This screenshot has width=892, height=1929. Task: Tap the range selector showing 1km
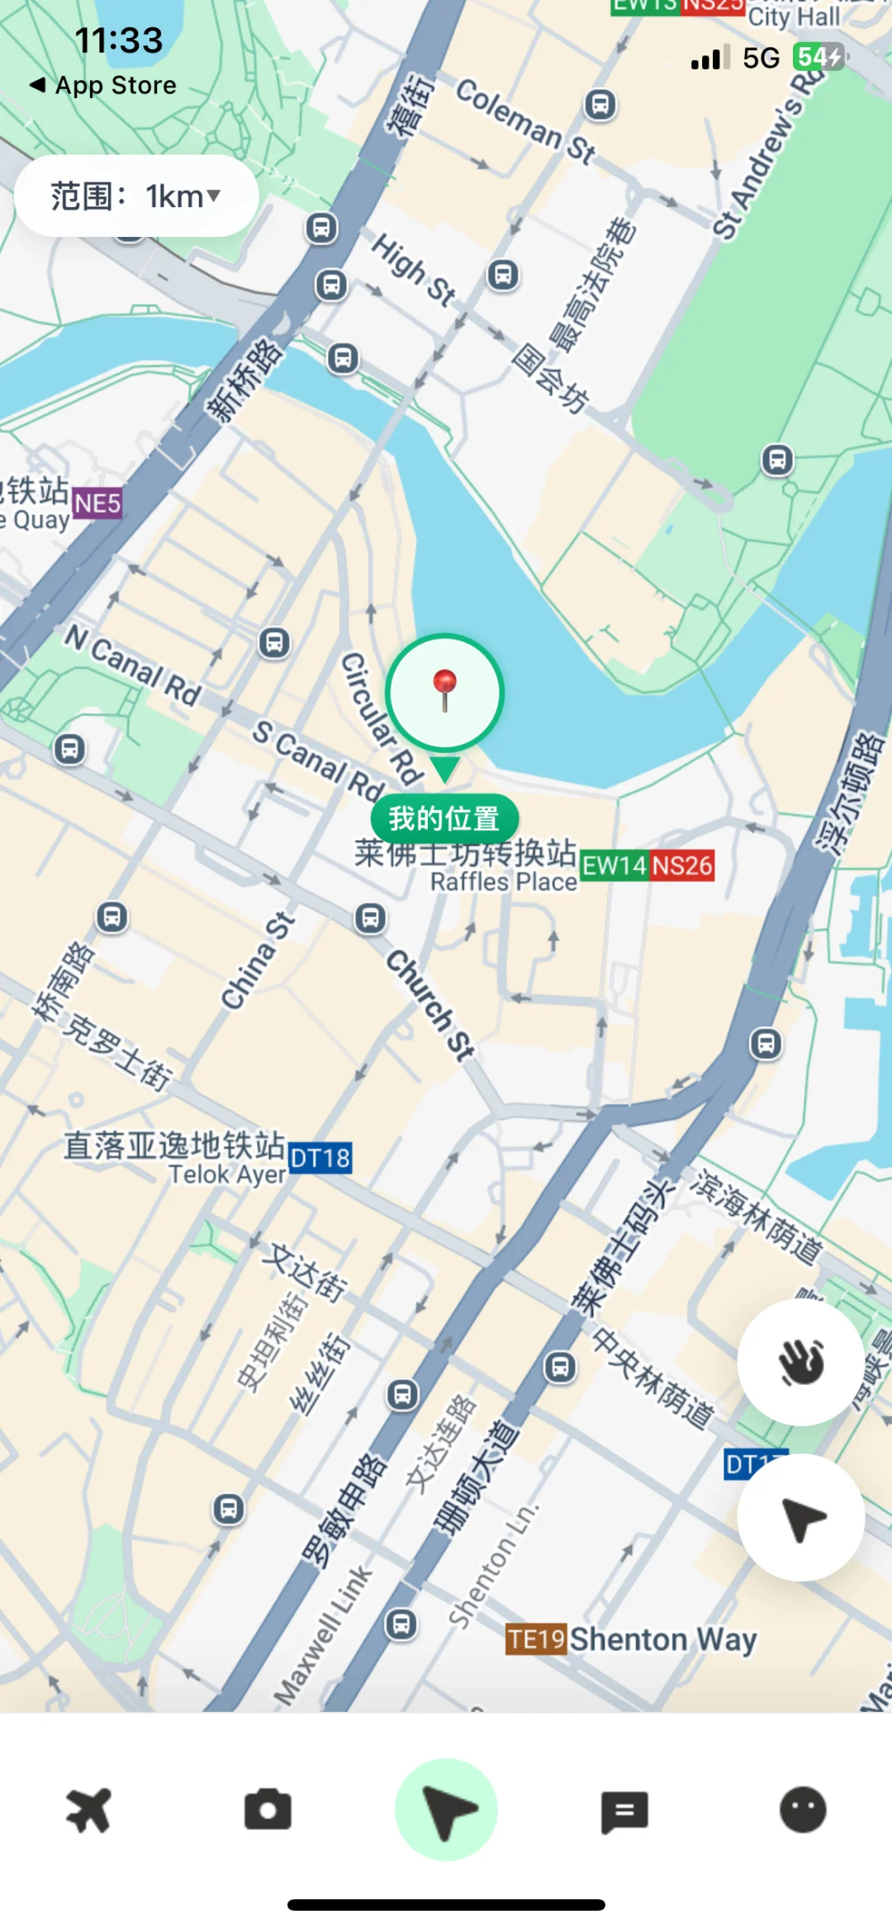click(x=136, y=196)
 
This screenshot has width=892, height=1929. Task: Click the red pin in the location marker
click(x=445, y=687)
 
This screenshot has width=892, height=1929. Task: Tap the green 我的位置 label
click(x=444, y=818)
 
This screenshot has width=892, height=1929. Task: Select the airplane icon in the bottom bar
click(x=88, y=1810)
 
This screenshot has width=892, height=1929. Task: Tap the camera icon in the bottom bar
click(x=268, y=1810)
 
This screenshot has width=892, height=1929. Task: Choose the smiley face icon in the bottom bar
click(x=803, y=1810)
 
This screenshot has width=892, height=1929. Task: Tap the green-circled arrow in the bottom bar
click(x=446, y=1810)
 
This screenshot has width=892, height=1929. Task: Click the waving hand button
click(x=800, y=1362)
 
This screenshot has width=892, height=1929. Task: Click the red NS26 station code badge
click(x=682, y=866)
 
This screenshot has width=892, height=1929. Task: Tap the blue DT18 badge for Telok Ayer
click(x=320, y=1158)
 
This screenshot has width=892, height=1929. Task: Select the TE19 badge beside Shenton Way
click(x=536, y=1638)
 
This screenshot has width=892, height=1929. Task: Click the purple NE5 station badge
click(x=97, y=503)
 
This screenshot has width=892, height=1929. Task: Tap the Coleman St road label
click(x=525, y=123)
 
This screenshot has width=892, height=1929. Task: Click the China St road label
click(x=258, y=961)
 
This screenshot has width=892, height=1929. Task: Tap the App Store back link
click(x=104, y=85)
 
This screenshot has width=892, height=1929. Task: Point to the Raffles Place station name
click(x=504, y=882)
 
